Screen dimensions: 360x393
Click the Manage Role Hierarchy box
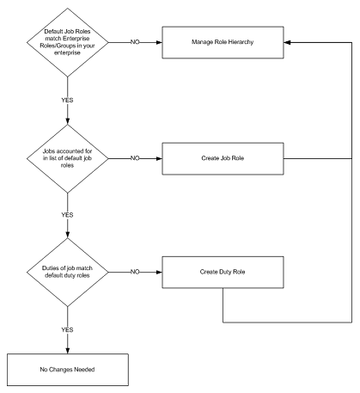223,42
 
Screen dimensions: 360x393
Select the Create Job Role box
223,158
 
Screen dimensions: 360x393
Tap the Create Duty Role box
223,272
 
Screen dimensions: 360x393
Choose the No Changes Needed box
68,370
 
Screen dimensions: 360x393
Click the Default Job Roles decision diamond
68,42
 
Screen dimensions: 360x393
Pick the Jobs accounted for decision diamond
68,158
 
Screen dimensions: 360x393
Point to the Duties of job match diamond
68,272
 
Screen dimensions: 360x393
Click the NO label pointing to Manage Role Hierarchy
135,42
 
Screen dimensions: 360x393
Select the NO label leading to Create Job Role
135,158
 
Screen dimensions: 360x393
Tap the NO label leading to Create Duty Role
135,272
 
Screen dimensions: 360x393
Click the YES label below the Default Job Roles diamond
67,100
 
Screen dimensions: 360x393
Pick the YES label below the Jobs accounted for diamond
67,215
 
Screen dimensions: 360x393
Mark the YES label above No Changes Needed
67,329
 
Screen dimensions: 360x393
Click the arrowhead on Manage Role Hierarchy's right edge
287,42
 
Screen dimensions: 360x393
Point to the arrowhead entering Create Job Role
159,158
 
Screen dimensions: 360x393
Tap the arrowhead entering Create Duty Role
159,272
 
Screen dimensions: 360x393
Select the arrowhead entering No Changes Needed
68,351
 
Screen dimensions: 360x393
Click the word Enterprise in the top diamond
76,39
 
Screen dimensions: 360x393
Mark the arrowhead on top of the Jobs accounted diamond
68,121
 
